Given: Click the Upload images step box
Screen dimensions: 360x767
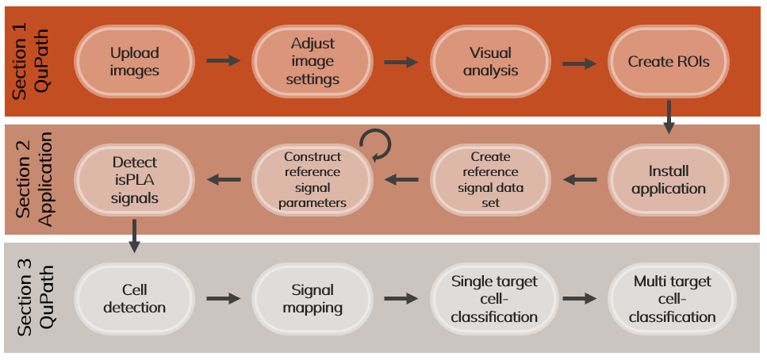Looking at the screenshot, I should click(135, 62).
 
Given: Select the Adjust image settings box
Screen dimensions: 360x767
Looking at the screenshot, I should click(313, 62).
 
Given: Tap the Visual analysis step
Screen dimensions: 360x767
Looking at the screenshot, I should click(490, 62).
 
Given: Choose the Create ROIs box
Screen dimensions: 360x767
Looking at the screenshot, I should click(668, 62).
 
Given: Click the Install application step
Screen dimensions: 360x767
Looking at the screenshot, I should click(668, 180).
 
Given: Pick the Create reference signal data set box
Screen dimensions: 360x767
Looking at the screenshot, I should click(490, 180).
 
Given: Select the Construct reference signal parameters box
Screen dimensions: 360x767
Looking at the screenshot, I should click(313, 180).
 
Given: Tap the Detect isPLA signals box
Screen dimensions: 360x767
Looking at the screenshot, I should click(135, 180).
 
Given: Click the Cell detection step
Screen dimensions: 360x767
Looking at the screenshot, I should click(135, 298).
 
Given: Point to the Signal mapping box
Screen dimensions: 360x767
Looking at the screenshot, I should click(313, 298).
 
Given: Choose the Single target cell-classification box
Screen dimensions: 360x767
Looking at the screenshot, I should click(490, 298).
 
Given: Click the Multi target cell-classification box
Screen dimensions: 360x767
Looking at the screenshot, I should click(668, 298).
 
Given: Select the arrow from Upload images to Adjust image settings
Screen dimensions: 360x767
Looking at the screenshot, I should click(223, 61).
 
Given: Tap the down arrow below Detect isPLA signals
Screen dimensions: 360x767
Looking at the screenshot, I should click(135, 234).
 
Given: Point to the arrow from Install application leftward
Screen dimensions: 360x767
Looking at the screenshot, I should click(579, 180).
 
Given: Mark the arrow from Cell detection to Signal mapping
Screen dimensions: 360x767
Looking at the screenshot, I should click(223, 298).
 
